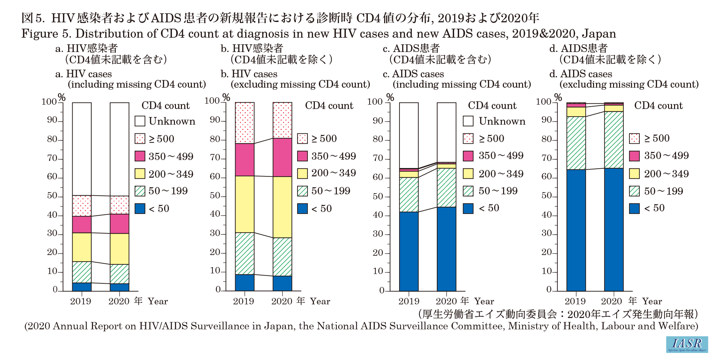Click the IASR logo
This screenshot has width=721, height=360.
(687, 344)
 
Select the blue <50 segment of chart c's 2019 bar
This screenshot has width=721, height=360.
(409, 251)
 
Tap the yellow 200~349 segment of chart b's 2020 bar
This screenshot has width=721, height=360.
(282, 207)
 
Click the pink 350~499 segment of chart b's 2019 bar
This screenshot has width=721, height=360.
(245, 160)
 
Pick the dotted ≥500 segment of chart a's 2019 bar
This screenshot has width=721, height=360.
(82, 206)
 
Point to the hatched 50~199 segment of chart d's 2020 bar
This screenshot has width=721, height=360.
(614, 140)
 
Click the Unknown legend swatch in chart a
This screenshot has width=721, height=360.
(140, 121)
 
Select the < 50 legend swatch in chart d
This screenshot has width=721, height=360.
(634, 208)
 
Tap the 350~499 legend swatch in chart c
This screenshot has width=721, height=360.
(468, 156)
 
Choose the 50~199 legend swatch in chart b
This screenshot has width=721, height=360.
(303, 191)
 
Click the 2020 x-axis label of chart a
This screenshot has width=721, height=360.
(119, 301)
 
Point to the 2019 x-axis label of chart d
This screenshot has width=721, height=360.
(575, 301)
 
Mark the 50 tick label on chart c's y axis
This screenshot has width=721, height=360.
(378, 196)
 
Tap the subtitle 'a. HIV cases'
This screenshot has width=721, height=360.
(84, 74)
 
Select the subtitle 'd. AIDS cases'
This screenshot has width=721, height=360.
(581, 74)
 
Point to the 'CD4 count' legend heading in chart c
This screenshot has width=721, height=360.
(492, 106)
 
